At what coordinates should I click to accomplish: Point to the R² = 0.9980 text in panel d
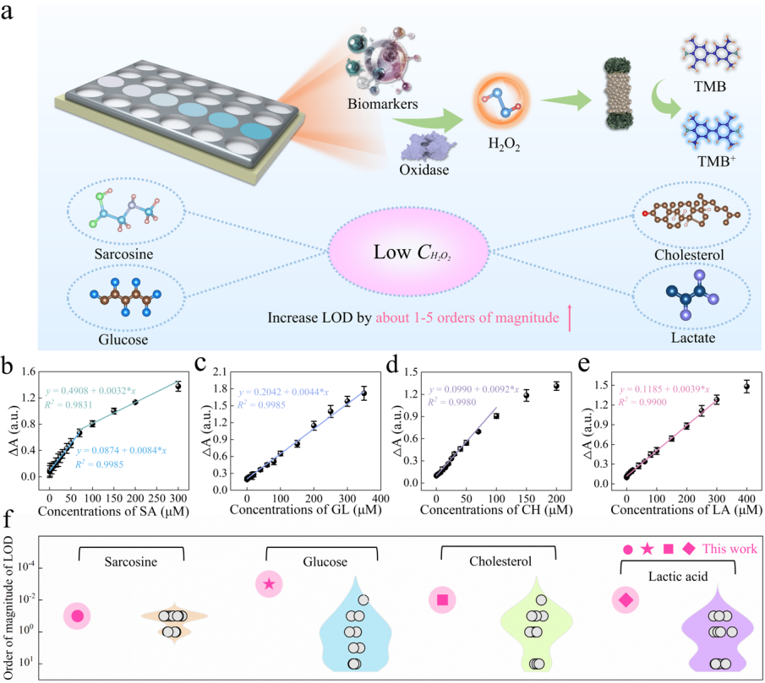coord(460,403)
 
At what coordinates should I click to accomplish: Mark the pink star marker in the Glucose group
coord(269,583)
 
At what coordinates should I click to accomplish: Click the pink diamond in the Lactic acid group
coord(626,600)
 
